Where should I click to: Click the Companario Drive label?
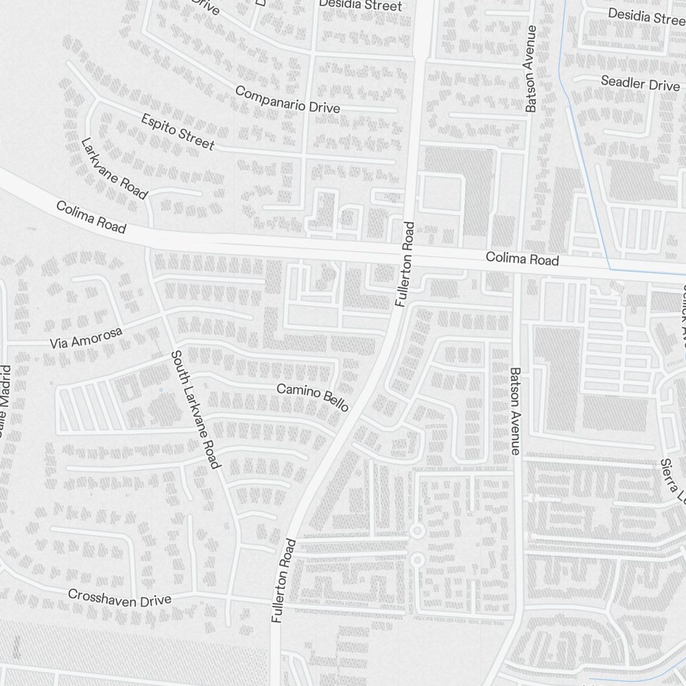point(287,99)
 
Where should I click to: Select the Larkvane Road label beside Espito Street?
point(115,168)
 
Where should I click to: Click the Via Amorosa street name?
point(86,338)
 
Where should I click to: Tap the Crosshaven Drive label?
point(119,597)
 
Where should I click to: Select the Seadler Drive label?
point(639,84)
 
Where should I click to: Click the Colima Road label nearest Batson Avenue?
point(522,260)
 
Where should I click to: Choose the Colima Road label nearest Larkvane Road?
point(91,216)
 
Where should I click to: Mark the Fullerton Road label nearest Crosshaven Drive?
point(283,580)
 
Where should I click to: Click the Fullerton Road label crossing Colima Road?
point(405,263)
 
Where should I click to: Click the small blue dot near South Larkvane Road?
point(161,390)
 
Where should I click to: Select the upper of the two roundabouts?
point(416,532)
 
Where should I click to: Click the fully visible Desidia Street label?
point(360,5)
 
